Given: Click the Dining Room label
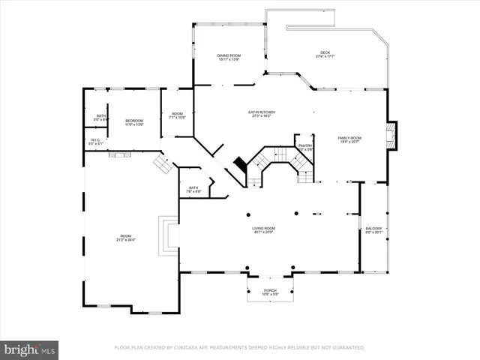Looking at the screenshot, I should [x=229, y=57].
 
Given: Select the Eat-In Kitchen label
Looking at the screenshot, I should [x=260, y=114].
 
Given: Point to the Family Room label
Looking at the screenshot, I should [x=349, y=139].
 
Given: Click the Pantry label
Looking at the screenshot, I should [x=305, y=147].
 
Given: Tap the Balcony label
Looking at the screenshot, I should [x=373, y=230].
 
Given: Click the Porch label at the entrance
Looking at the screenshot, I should [x=270, y=292].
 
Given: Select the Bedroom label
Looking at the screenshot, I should [x=134, y=122].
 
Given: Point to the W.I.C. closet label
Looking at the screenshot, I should [x=96, y=142].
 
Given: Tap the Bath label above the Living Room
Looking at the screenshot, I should [x=193, y=190].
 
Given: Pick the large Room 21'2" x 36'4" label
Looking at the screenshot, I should [x=125, y=238].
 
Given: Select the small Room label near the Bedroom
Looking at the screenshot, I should [x=177, y=115].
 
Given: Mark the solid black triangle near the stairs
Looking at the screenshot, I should [x=240, y=163].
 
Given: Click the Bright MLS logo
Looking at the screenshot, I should [x=30, y=349].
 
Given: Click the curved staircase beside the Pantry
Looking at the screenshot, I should [x=266, y=165].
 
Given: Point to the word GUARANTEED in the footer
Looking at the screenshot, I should [x=348, y=348].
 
